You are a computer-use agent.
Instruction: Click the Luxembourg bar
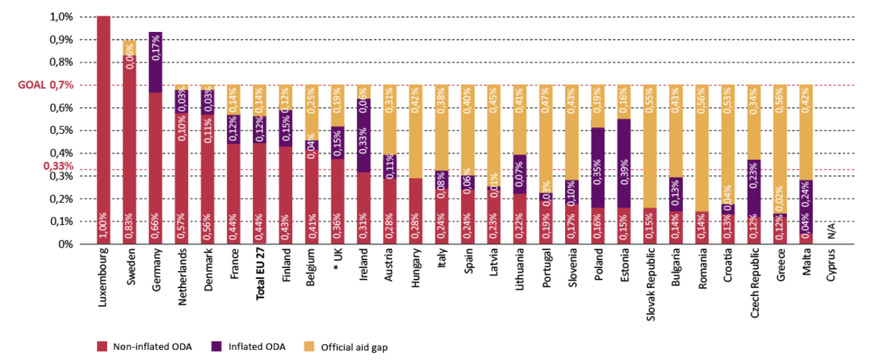tap(103, 130)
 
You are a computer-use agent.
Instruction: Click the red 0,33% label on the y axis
tap(58, 165)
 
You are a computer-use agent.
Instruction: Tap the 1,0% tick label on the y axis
tap(61, 17)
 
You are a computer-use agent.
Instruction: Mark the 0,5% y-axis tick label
tap(61, 130)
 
